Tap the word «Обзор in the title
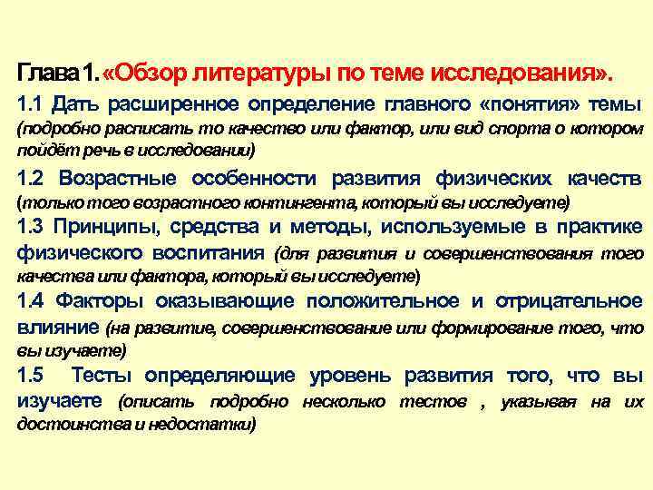click(x=146, y=72)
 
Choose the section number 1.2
click(x=33, y=177)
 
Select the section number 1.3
click(x=32, y=226)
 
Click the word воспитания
click(x=212, y=250)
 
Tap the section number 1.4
click(x=33, y=300)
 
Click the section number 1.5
click(x=32, y=375)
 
